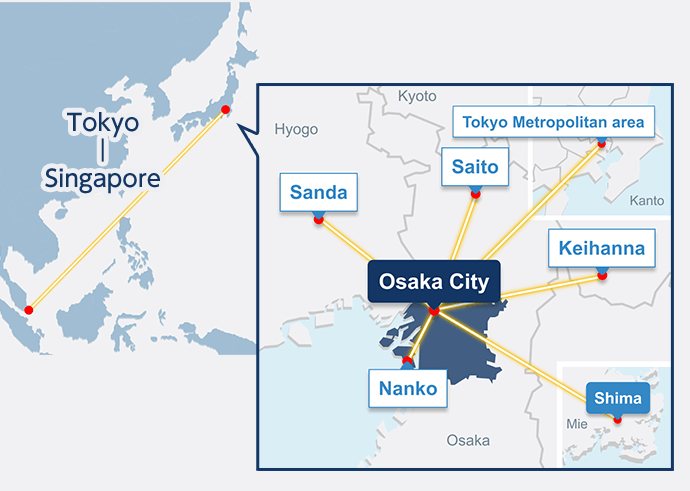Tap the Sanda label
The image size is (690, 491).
[x=318, y=192]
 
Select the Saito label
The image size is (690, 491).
[x=475, y=167]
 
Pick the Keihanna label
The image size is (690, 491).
[x=602, y=247]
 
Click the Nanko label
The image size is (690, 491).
[x=408, y=388]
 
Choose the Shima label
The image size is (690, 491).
[x=617, y=399]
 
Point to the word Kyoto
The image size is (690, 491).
[x=417, y=96]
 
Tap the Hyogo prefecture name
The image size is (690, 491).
[x=296, y=129]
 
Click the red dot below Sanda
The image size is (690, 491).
[x=318, y=220]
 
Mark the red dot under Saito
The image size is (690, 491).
[x=475, y=193]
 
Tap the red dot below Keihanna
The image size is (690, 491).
[x=602, y=275]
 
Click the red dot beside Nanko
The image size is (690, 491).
[x=407, y=359]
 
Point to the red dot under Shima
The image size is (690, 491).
[x=618, y=418]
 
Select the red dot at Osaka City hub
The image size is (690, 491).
[x=434, y=312]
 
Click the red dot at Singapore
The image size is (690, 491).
[x=29, y=308]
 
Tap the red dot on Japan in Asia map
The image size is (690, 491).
[x=226, y=109]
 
